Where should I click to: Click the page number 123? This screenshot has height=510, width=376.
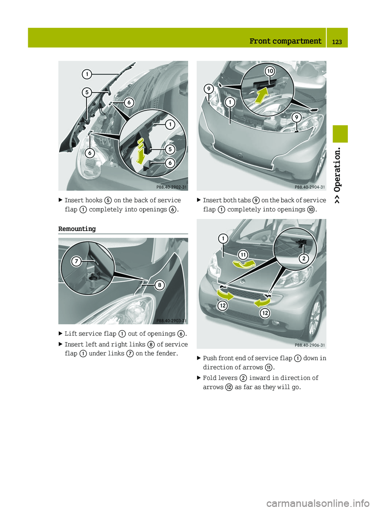pyautogui.click(x=337, y=42)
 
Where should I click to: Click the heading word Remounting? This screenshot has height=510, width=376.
pyautogui.click(x=77, y=229)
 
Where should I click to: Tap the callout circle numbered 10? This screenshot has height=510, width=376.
pyautogui.click(x=270, y=71)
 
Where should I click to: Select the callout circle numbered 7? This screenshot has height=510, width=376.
pyautogui.click(x=76, y=261)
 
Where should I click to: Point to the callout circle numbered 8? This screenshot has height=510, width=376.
pyautogui.click(x=159, y=285)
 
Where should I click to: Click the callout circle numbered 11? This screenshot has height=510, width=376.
pyautogui.click(x=243, y=255)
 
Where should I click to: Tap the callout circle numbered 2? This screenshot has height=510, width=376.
pyautogui.click(x=304, y=258)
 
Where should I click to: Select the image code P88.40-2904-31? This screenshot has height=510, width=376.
pyautogui.click(x=309, y=187)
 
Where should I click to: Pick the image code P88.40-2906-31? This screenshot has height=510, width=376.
pyautogui.click(x=309, y=345)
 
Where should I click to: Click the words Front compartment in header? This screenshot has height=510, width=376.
pyautogui.click(x=285, y=41)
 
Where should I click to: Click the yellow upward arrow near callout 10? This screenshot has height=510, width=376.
pyautogui.click(x=261, y=96)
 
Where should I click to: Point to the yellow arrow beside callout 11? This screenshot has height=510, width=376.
pyautogui.click(x=244, y=264)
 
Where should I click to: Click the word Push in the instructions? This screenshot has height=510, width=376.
pyautogui.click(x=210, y=358)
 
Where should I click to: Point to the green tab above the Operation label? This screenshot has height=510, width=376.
pyautogui.click(x=340, y=134)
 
